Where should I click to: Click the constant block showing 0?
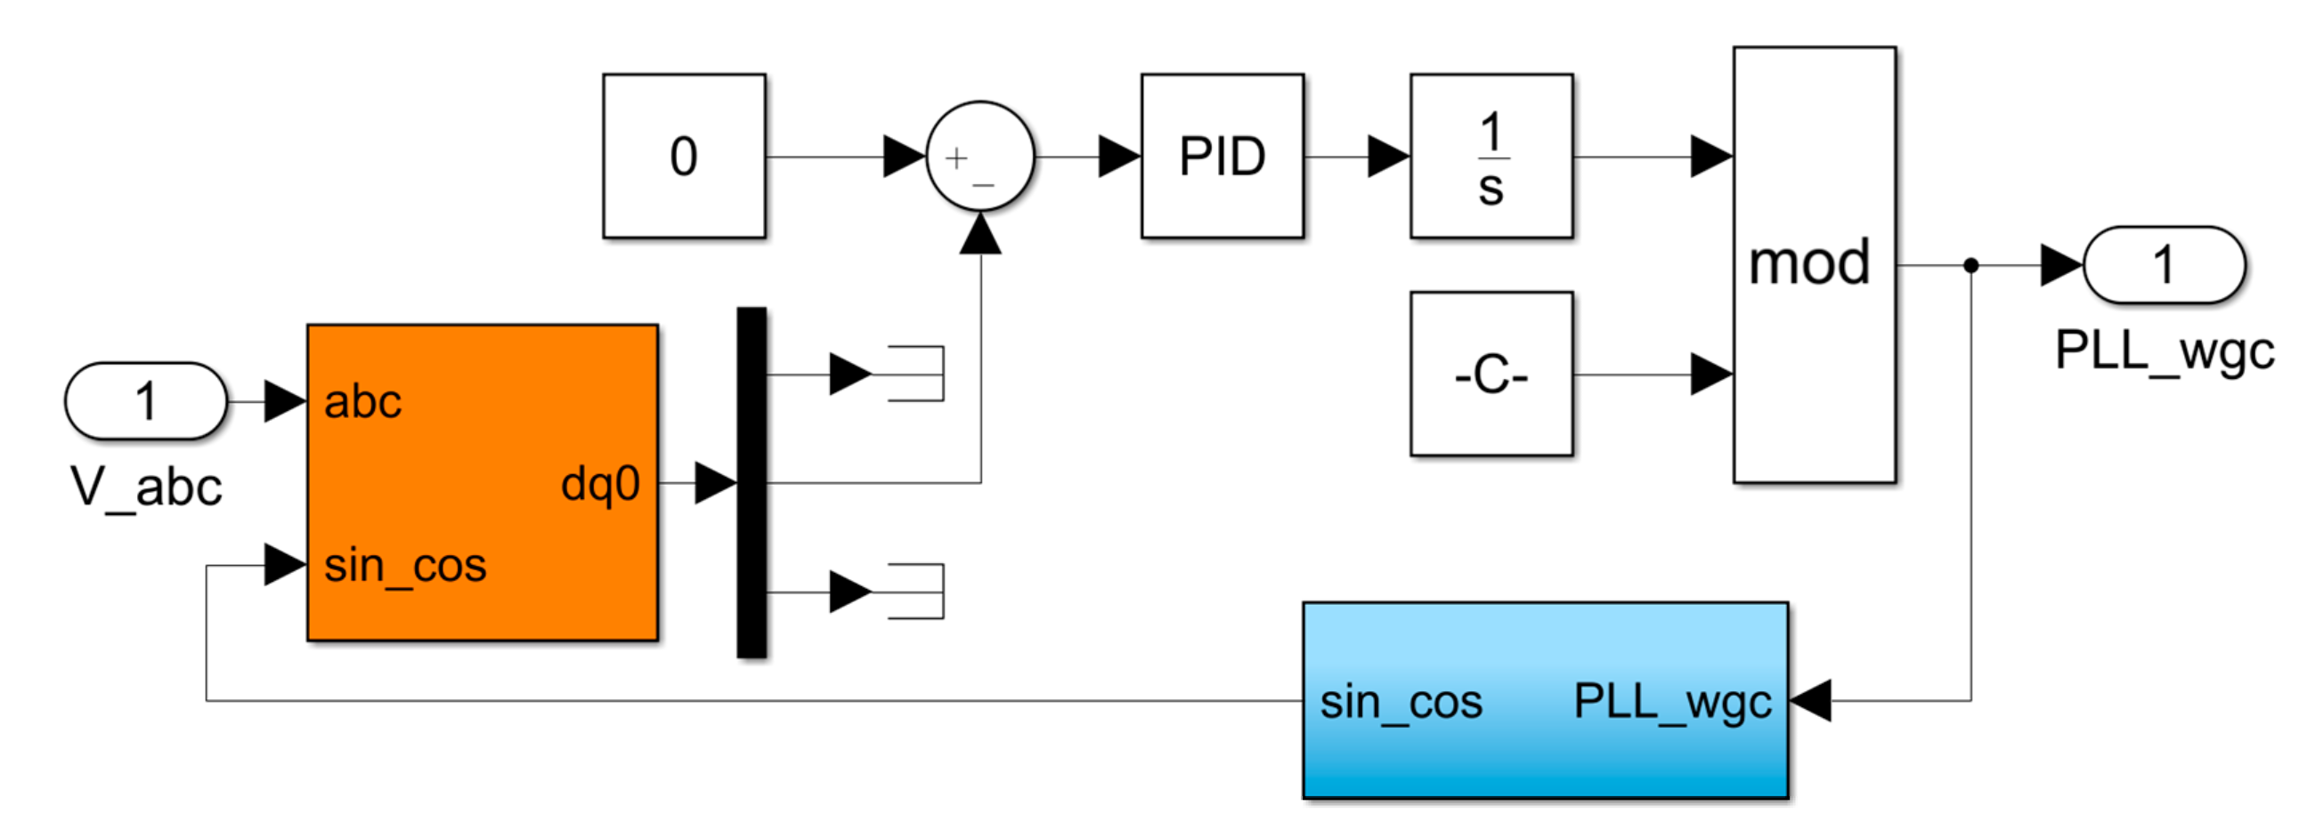pos(684,157)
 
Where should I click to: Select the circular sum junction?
pos(979,157)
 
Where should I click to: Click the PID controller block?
pos(1222,157)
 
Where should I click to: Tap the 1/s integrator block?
pos(1491,157)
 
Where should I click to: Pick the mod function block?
pos(1814,264)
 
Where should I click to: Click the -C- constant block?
pos(1491,374)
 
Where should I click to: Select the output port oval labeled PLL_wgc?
pos(2163,265)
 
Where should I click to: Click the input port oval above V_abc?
pos(147,400)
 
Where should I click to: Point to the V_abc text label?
pos(147,488)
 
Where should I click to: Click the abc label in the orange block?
pos(362,401)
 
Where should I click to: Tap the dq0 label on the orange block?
pos(600,483)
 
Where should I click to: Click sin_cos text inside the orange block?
pos(404,566)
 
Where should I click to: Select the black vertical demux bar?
pos(751,482)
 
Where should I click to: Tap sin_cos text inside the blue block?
pos(1401,702)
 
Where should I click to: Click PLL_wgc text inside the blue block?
pos(1671,702)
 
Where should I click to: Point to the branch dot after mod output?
pos(1970,265)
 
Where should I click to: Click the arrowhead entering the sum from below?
pos(979,236)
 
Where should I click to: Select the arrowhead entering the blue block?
pos(1810,701)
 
